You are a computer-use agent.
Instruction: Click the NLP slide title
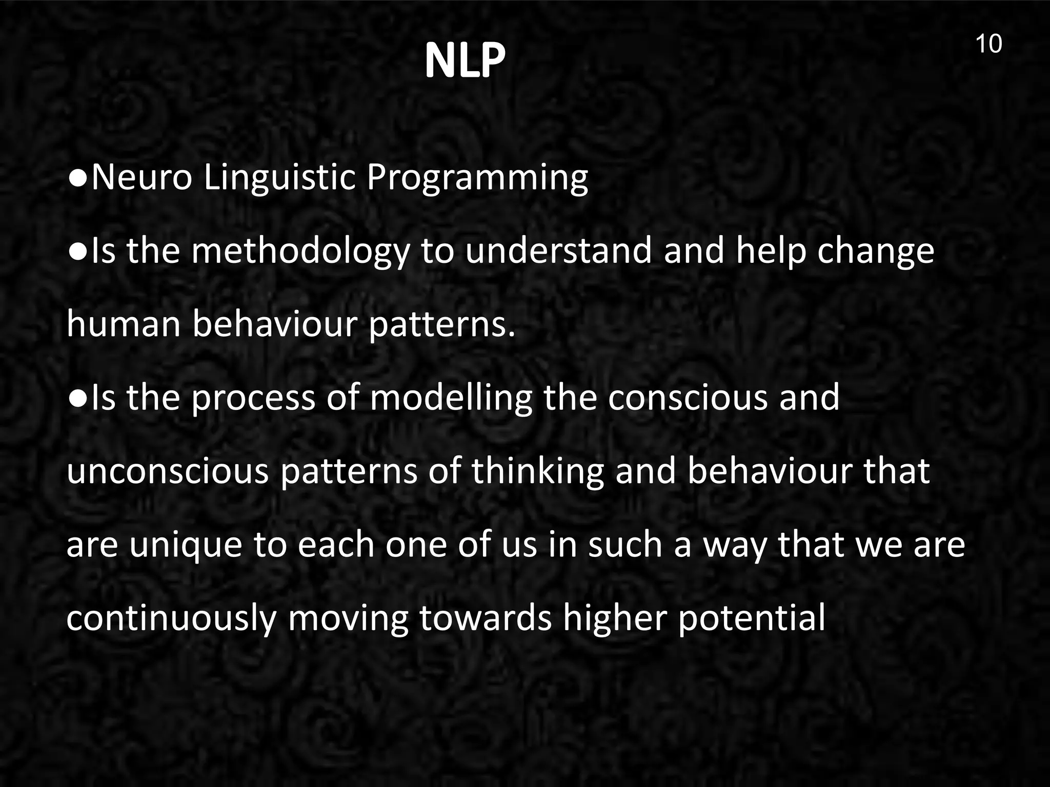click(465, 60)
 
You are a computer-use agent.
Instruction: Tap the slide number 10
click(988, 44)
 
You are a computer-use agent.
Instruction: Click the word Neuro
click(142, 177)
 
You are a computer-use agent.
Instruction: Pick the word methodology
click(301, 252)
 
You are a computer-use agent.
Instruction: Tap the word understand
click(558, 251)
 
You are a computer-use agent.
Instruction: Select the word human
click(123, 325)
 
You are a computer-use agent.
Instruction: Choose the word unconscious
click(168, 471)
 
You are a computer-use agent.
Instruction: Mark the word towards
click(485, 618)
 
